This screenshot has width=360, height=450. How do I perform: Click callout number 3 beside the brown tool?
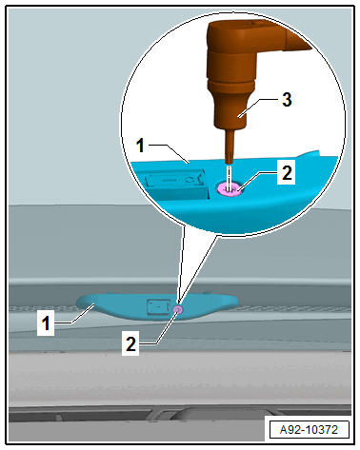[x=287, y=100]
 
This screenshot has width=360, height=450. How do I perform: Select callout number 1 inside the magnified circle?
[x=140, y=146]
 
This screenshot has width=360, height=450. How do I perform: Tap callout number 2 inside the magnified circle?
[x=287, y=173]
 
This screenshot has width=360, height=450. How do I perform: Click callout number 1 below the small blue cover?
[x=46, y=323]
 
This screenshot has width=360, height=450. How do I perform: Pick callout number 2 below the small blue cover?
[x=130, y=343]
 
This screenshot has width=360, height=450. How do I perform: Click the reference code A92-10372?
[x=309, y=430]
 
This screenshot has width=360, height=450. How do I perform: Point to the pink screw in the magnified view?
[x=230, y=189]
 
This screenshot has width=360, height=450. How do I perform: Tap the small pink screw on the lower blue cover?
[x=178, y=310]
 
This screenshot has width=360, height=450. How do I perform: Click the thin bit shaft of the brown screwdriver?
[x=230, y=147]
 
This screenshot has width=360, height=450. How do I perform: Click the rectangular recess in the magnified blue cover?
[x=175, y=183]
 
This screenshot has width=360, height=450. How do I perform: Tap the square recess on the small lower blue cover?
[x=157, y=306]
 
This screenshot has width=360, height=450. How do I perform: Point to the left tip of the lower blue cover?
[x=77, y=301]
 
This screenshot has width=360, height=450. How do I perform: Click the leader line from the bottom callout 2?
[x=160, y=329]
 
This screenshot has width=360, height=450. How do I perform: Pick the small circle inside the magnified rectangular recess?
[x=190, y=180]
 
